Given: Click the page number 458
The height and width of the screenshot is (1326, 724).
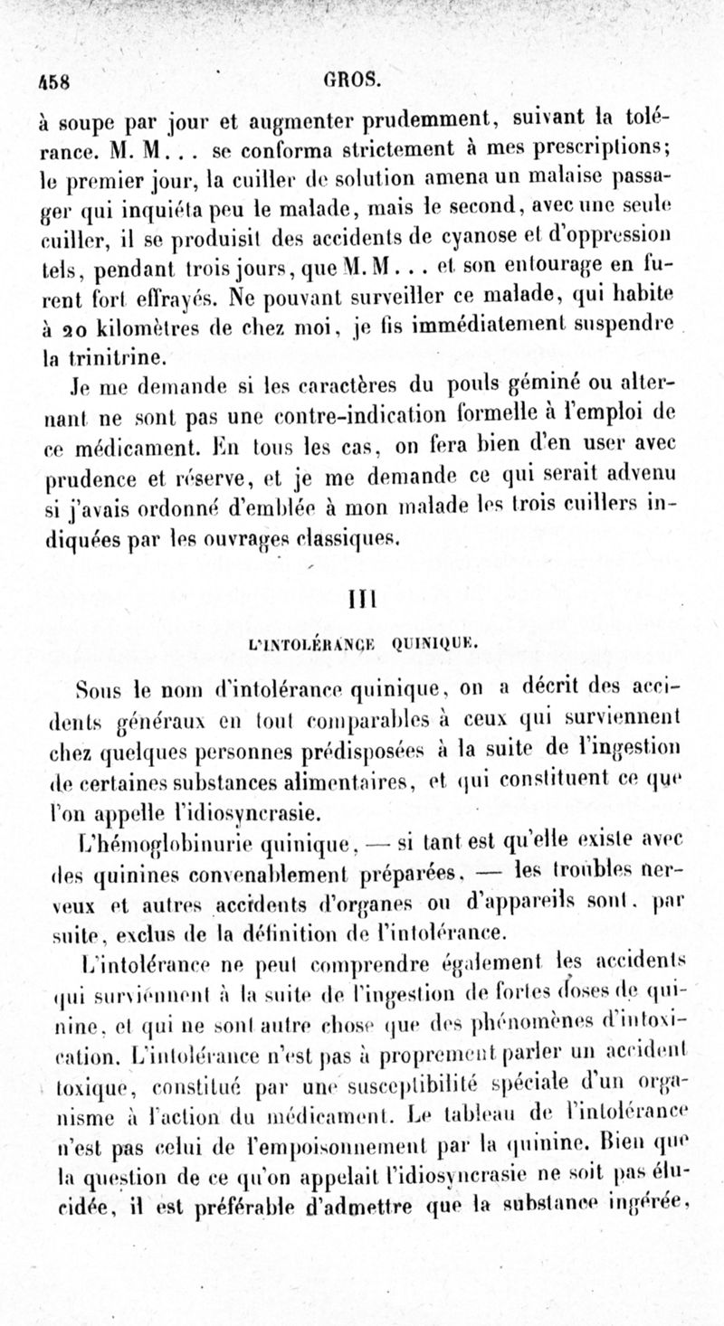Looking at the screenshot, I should tap(55, 78).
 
